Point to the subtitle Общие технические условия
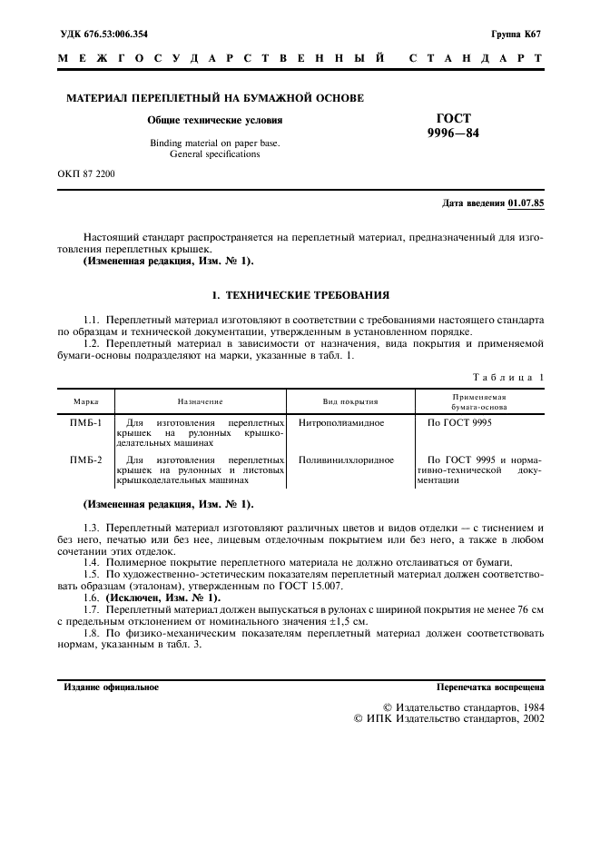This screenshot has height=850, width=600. click(x=215, y=120)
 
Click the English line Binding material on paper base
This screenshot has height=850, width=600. click(x=215, y=143)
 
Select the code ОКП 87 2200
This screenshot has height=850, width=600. click(x=86, y=172)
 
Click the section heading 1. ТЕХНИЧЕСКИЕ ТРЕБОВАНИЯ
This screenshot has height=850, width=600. click(x=300, y=295)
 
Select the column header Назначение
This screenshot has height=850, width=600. click(x=201, y=400)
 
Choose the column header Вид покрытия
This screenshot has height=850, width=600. click(x=350, y=400)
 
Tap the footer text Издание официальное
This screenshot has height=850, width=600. click(x=111, y=687)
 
